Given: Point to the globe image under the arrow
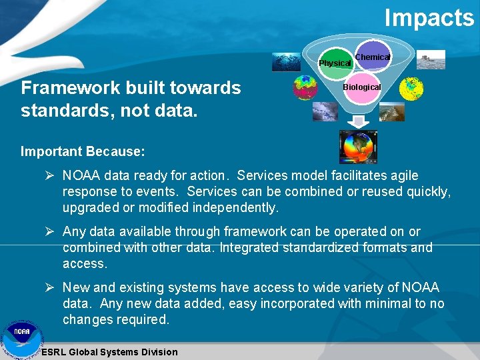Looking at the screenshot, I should [358, 147].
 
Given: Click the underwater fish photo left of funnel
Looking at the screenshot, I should [285, 62].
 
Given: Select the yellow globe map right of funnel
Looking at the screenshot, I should [412, 88].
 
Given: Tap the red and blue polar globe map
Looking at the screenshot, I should [306, 88].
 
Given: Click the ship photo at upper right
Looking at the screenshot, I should [431, 60].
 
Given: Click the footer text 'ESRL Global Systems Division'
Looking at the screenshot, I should [109, 352].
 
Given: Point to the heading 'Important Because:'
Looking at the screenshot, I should [83, 151].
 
